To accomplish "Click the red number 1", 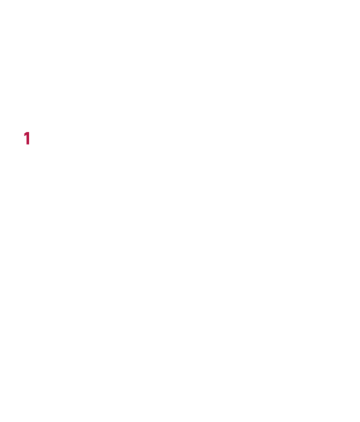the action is coord(27,138).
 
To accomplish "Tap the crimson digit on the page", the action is coord(27,138).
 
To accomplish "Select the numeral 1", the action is coord(27,138).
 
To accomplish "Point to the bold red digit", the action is coord(27,138).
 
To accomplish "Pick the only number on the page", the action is coord(27,138).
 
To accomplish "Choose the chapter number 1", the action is coord(27,138).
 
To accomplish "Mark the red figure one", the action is coord(27,138).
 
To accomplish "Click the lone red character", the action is coord(27,138).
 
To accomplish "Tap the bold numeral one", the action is coord(27,138).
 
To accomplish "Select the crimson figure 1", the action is coord(27,138).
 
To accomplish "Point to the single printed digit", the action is coord(27,138).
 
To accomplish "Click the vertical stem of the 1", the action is coord(27,139).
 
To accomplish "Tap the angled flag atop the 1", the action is coord(25,135).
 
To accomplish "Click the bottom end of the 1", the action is coord(27,145).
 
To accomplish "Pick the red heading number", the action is coord(27,138).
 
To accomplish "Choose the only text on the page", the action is coord(27,138).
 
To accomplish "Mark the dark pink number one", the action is coord(27,138).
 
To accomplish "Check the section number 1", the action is coord(27,138).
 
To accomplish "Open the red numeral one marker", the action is coord(27,138).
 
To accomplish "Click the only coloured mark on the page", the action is coord(27,138).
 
